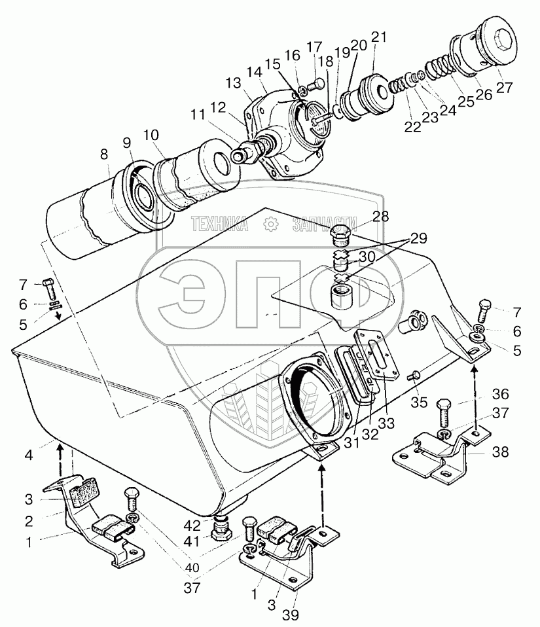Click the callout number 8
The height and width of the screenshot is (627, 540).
[104, 156]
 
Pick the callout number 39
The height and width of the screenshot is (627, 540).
[289, 615]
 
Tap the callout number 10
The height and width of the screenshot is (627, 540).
[151, 135]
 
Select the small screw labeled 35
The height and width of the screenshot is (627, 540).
[413, 376]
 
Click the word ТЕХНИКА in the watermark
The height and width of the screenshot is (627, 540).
[219, 224]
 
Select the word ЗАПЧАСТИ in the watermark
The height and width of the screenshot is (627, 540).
[324, 224]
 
